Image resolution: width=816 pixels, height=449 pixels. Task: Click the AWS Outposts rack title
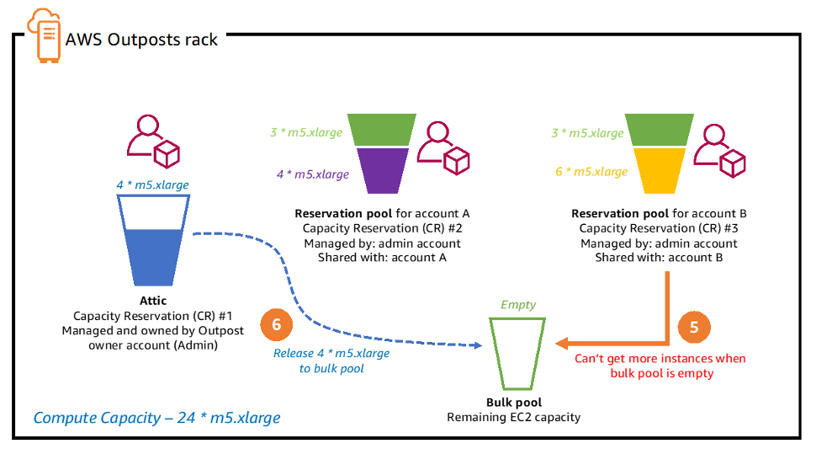[141, 40]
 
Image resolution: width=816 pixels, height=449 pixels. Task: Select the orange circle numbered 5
[694, 327]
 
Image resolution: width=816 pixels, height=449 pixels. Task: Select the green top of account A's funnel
[384, 130]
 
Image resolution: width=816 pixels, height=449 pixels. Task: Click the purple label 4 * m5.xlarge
[312, 174]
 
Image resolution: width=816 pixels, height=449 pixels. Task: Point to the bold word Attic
[153, 300]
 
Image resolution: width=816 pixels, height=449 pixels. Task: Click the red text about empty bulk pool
[660, 365]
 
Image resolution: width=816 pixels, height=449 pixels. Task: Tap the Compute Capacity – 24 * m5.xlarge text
[156, 417]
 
